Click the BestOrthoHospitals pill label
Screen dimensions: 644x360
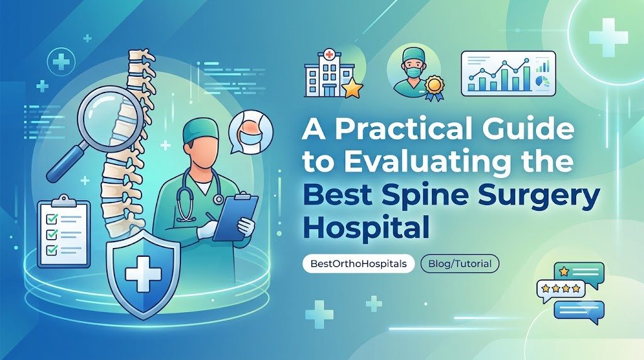pyautogui.click(x=358, y=264)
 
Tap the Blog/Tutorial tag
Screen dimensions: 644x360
pyautogui.click(x=460, y=264)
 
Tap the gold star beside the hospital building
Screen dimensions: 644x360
pyautogui.click(x=353, y=89)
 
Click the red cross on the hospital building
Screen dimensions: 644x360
pyautogui.click(x=328, y=54)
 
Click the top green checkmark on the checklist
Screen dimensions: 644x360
pyautogui.click(x=52, y=218)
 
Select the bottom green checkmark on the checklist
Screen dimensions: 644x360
pyautogui.click(x=52, y=249)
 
